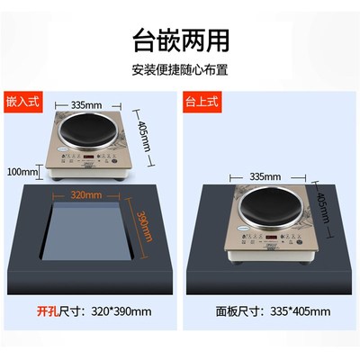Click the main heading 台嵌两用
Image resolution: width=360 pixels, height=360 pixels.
coord(180,40)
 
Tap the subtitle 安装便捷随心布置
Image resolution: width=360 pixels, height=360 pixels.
coord(180,70)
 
